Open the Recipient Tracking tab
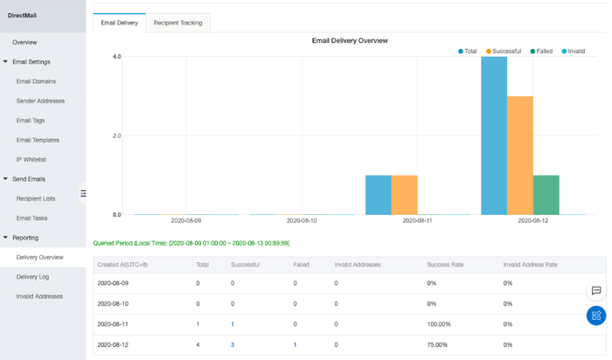coord(177,23)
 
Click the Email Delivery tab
coord(119,23)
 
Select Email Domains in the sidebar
coord(37,81)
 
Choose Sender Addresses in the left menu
coord(40,100)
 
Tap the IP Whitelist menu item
coord(31,159)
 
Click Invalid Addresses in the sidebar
coord(39,296)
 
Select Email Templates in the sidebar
coord(38,140)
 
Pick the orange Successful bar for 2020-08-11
coord(404,195)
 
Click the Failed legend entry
coord(541,52)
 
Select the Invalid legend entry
coord(574,52)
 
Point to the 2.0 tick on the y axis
coord(117,135)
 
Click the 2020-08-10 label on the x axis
coord(302,221)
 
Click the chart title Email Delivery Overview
coord(350,40)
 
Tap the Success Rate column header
coord(443,263)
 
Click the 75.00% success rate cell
coord(438,344)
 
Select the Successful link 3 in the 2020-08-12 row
coord(233,344)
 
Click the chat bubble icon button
coord(595,290)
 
